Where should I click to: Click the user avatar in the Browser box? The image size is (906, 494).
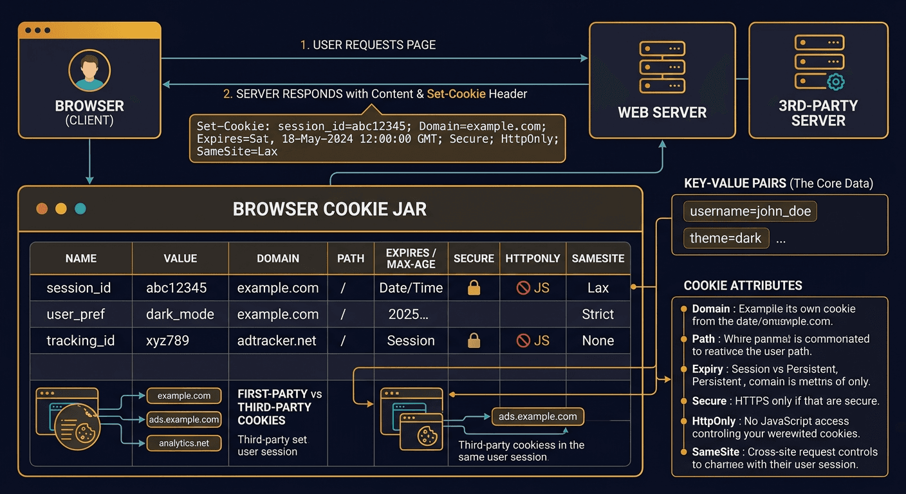89,71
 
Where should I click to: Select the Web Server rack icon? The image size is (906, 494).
662,67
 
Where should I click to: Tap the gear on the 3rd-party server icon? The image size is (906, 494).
835,82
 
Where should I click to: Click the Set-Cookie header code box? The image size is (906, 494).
378,138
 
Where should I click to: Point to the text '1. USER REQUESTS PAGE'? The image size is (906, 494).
368,45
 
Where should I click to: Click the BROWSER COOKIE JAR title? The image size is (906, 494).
329,209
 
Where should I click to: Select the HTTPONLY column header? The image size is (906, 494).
533,258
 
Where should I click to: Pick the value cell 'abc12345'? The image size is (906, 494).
176,288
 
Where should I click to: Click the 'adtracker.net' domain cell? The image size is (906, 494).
277,341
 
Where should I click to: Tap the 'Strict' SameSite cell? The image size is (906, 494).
598,315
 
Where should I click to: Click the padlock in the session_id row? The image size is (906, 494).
474,288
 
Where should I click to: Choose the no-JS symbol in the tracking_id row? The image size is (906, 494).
524,341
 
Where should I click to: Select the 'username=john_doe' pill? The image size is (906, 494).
750,211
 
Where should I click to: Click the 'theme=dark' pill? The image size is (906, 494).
725,238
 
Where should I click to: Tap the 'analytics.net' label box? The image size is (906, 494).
184,443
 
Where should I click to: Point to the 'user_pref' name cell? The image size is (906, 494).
75,315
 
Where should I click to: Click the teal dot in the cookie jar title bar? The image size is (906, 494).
80,208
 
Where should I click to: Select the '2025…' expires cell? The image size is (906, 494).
409,315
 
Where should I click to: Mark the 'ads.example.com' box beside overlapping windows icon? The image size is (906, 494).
538,417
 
